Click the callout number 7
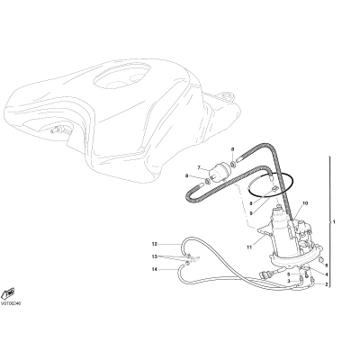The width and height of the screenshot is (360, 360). (x=199, y=167)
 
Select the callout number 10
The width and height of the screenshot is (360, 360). (x=305, y=203)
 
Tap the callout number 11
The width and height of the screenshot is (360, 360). (x=249, y=247)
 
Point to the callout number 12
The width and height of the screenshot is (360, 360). (x=155, y=244)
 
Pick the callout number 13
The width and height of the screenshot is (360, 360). (x=155, y=256)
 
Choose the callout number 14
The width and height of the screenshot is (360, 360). (x=155, y=269)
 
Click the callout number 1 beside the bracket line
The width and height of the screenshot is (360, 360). (x=334, y=222)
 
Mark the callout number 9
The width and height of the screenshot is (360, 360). (x=250, y=213)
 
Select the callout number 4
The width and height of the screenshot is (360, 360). (x=327, y=274)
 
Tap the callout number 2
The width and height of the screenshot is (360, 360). (x=327, y=284)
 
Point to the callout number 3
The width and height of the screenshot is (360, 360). (x=289, y=281)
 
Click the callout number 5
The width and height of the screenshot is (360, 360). (x=289, y=274)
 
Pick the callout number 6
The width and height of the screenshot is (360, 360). (x=327, y=265)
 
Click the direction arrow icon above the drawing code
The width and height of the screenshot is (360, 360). (x=9, y=293)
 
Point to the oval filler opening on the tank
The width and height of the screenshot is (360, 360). (x=121, y=78)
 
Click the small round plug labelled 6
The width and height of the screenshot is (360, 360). (x=321, y=260)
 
